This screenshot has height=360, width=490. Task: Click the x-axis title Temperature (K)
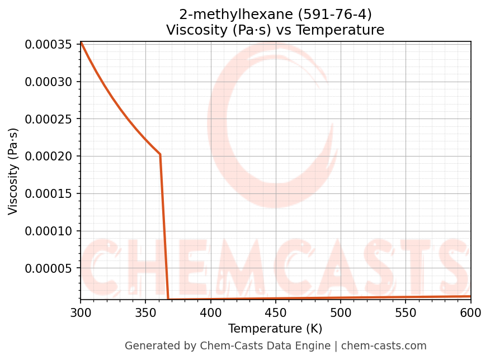click(x=275, y=328)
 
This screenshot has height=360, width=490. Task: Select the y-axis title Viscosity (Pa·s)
click(x=13, y=171)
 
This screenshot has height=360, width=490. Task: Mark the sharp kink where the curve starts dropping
click(x=160, y=154)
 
